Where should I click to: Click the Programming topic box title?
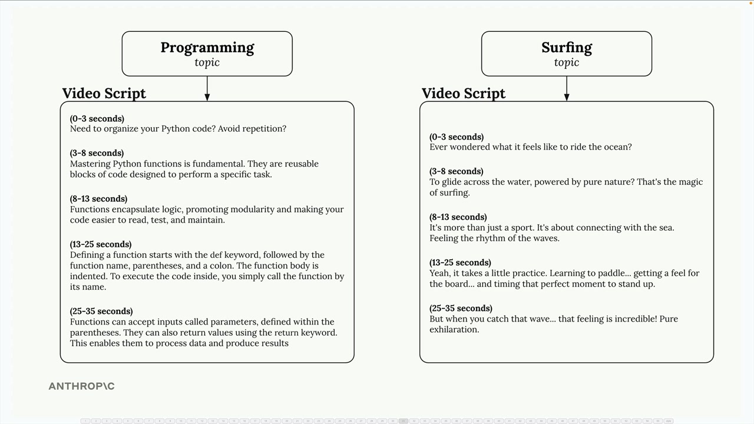(207, 48)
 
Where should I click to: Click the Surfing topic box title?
(566, 48)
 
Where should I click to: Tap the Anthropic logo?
(81, 386)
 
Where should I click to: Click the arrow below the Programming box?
(207, 89)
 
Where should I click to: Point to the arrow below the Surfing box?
(566, 89)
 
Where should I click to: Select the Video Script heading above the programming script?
(104, 93)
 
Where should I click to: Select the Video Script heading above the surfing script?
(463, 93)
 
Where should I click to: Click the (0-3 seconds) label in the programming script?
(97, 118)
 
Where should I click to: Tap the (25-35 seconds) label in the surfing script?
(461, 308)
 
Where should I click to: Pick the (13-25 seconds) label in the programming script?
(100, 244)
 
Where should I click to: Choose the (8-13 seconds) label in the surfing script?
(458, 217)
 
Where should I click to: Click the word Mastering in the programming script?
(90, 164)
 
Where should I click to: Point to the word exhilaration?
(454, 329)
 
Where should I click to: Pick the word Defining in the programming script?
(89, 254)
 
